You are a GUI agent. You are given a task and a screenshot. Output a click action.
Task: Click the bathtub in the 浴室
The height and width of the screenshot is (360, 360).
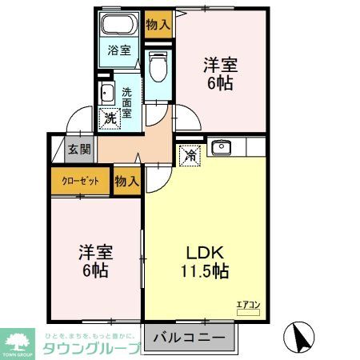(122, 23)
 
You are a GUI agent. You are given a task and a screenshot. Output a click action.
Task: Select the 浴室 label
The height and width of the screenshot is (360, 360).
(119, 50)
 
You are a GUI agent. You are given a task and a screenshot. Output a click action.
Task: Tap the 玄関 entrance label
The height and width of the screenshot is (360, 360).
(78, 149)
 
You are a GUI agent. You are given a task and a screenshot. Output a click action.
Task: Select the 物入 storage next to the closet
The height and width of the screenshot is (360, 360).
(126, 182)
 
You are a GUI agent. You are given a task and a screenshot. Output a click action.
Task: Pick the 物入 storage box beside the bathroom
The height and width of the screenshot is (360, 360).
(158, 25)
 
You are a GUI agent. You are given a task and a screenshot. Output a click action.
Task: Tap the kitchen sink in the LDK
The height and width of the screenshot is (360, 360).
(221, 147)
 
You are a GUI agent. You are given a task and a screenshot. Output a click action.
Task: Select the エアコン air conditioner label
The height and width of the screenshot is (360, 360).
(247, 303)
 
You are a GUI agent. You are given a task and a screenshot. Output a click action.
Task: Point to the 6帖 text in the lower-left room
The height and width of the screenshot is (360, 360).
(94, 270)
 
